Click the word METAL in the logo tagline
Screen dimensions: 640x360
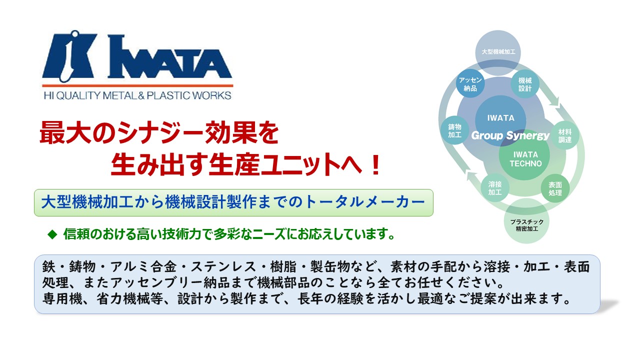[x=119, y=95]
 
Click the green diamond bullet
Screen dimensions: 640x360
[x=52, y=234]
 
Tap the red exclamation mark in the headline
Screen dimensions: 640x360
[x=375, y=165]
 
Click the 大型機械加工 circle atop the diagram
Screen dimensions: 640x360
[x=498, y=52]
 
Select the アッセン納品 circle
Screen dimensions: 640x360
[x=470, y=84]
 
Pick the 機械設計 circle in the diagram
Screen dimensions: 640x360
[x=525, y=84]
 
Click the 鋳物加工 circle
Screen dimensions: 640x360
[x=455, y=130]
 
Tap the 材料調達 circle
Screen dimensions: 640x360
[x=565, y=135]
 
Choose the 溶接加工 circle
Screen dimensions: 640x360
[x=495, y=187]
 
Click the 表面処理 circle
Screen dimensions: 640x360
[x=555, y=188]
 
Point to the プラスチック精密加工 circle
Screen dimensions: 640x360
[x=526, y=225]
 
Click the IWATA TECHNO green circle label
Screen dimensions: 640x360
[x=525, y=159]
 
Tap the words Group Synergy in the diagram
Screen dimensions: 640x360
[x=510, y=135]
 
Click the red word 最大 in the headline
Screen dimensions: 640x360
[x=64, y=132]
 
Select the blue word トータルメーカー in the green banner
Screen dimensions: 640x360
[x=365, y=202]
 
